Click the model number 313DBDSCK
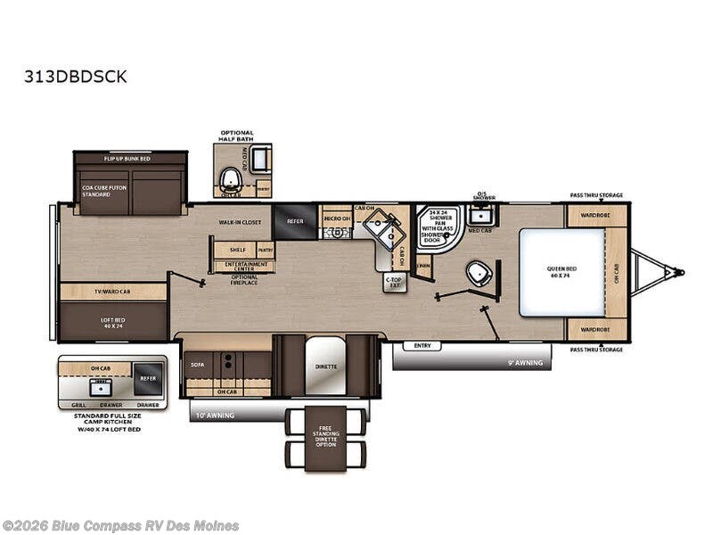point(76,77)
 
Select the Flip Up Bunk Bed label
point(130,158)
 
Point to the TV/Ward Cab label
point(113,292)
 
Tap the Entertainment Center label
point(243,266)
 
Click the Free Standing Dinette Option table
point(325,438)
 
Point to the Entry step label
point(422,345)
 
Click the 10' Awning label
point(213,416)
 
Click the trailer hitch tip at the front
point(681,271)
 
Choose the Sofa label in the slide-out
point(197,365)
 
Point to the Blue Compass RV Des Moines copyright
point(120,526)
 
